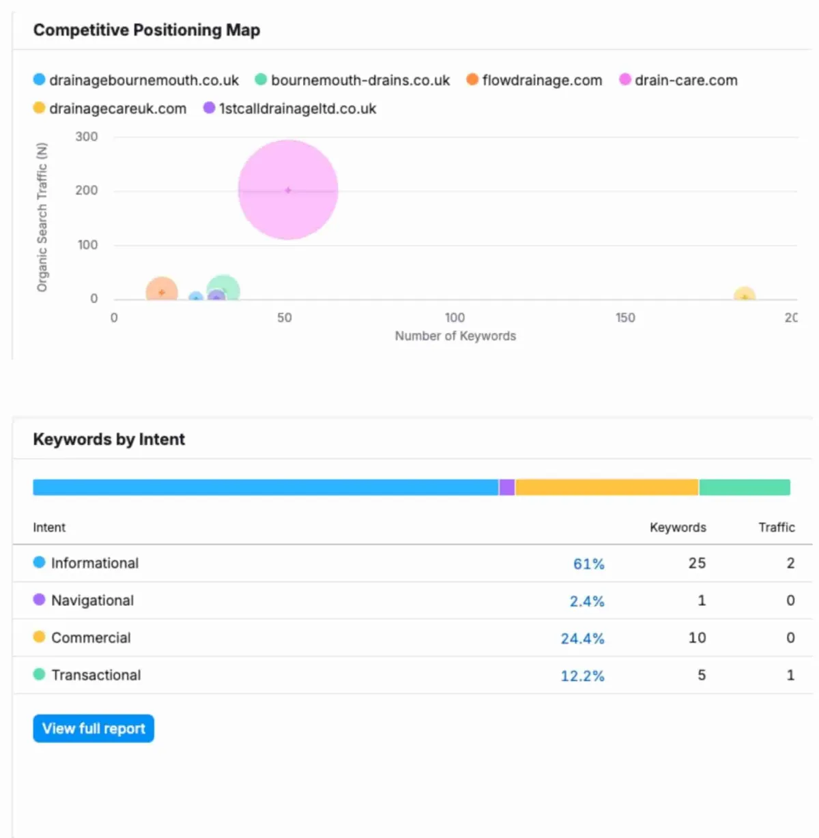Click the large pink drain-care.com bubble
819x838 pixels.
click(288, 190)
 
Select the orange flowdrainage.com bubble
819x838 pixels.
click(162, 291)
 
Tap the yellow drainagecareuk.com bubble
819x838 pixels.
click(744, 295)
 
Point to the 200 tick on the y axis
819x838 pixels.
click(87, 190)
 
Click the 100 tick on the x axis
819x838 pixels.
click(455, 317)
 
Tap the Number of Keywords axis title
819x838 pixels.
click(455, 336)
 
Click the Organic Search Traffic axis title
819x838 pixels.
click(42, 217)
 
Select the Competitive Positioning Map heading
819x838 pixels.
click(147, 30)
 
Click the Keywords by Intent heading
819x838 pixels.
click(109, 439)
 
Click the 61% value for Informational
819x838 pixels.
click(588, 564)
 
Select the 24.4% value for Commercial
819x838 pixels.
click(582, 638)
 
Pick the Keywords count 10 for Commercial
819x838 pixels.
click(697, 637)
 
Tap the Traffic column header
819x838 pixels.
click(776, 527)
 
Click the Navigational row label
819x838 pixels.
click(92, 601)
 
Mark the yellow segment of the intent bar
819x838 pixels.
click(607, 487)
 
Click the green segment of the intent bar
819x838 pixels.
click(745, 487)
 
